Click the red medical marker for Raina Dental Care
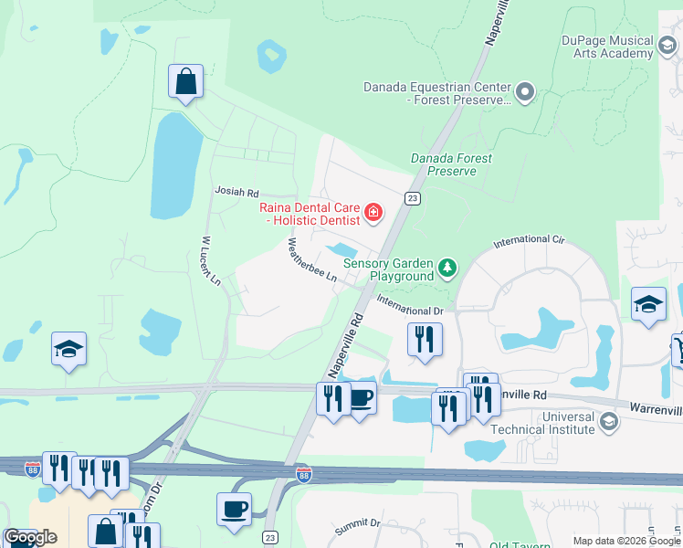point(373,214)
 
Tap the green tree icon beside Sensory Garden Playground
point(447,268)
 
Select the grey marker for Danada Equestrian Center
point(524,92)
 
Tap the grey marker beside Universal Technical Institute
point(609,421)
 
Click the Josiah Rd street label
point(237,192)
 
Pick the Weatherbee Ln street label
point(312,260)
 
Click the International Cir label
point(530,242)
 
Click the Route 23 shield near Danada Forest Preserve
point(413,198)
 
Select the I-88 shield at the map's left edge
point(33,468)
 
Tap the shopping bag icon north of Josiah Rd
point(185,82)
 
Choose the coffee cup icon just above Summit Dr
point(234,508)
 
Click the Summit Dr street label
point(356,522)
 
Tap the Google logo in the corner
point(31,537)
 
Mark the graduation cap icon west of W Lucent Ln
point(68,350)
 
